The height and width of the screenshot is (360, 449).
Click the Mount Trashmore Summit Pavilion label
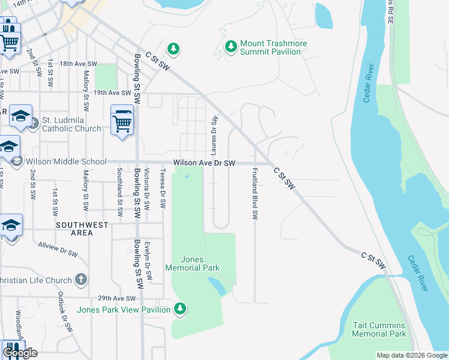click(x=270, y=48)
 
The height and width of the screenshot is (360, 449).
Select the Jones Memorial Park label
click(x=192, y=263)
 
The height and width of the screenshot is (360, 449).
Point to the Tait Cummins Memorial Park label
click(x=379, y=329)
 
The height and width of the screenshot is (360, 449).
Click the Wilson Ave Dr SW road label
click(x=204, y=163)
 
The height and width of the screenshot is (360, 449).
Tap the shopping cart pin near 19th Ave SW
click(x=122, y=122)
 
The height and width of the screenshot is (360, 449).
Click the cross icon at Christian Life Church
click(x=81, y=280)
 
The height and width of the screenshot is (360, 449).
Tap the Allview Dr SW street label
click(x=58, y=249)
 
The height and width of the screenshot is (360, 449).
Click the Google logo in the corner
click(x=20, y=352)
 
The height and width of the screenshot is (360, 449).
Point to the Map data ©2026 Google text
click(x=411, y=355)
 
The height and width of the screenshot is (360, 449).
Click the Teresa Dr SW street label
click(x=162, y=188)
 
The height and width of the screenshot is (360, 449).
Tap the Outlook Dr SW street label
click(x=65, y=313)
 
